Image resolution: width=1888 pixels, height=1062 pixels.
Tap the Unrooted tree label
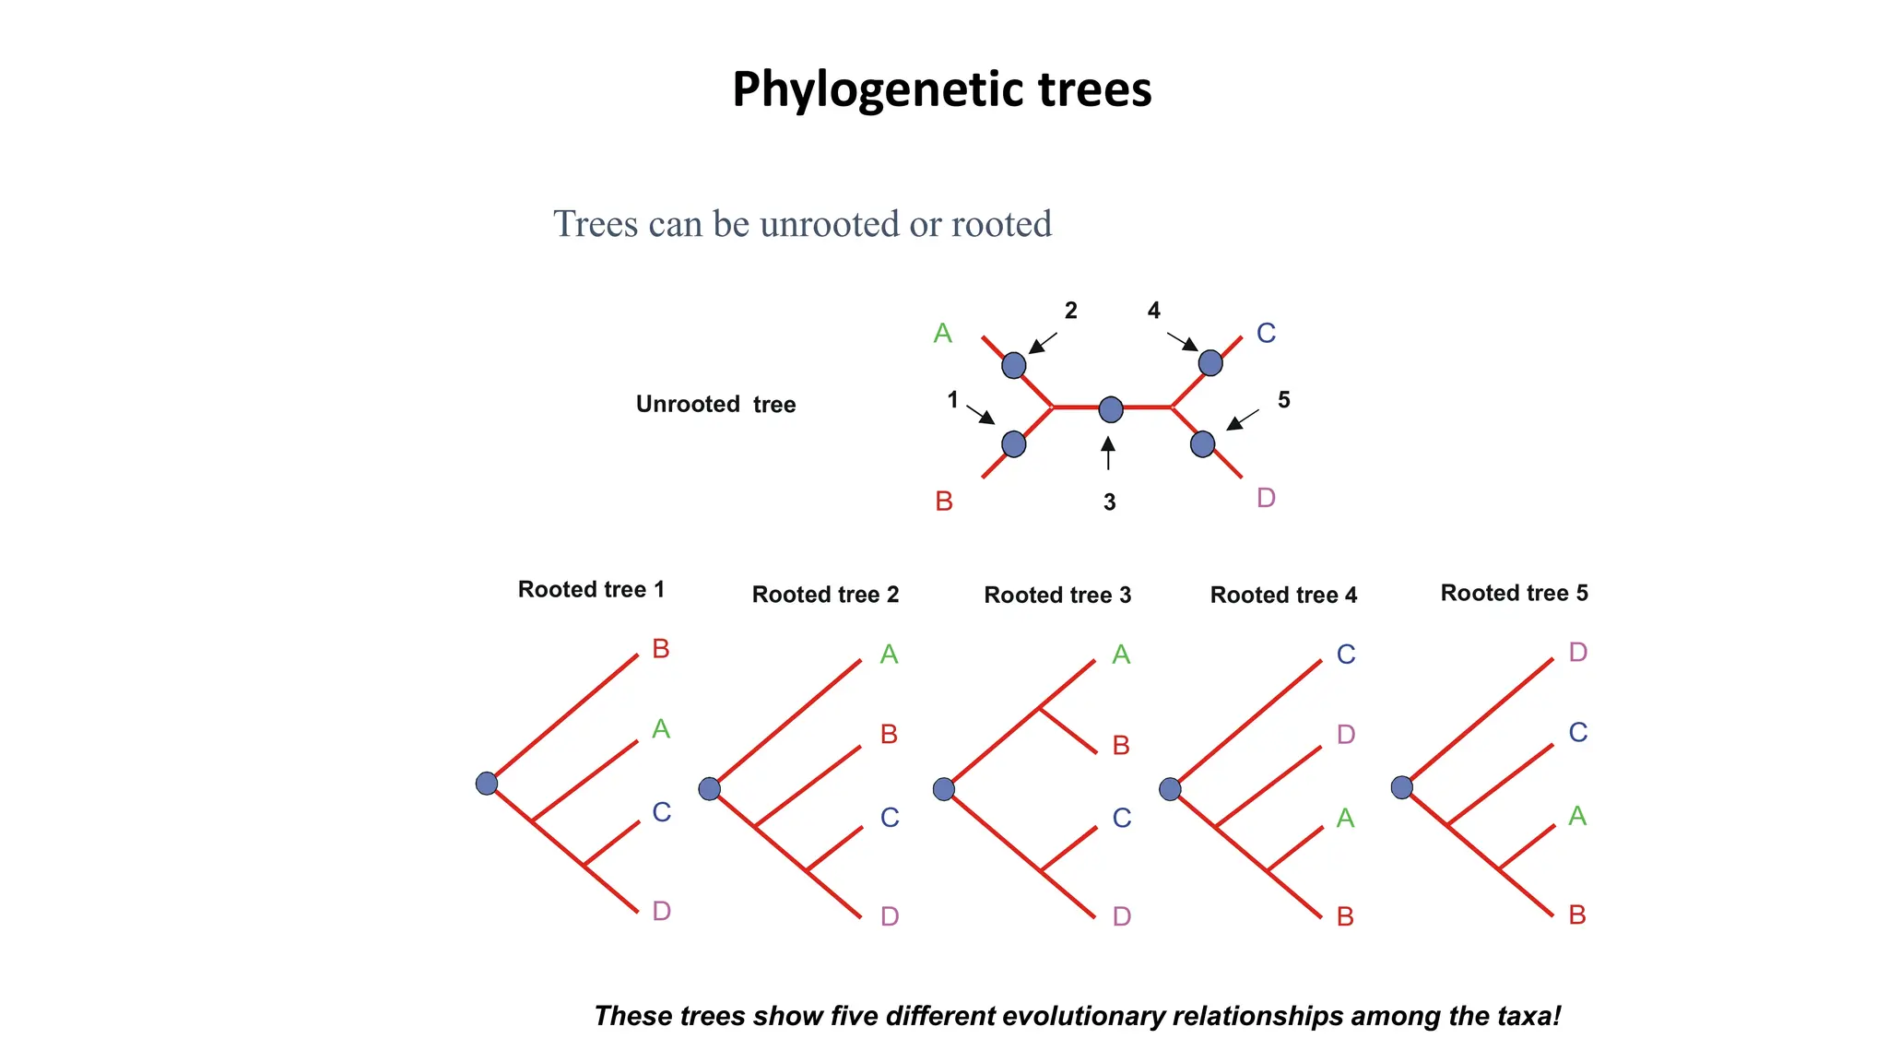[715, 405]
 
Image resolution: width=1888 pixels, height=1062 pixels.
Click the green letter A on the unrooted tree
[942, 333]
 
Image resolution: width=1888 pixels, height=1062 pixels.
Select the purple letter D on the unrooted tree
[1266, 498]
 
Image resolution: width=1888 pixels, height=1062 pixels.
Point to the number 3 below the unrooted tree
[1109, 502]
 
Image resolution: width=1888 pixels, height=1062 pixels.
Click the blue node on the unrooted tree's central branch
[1111, 409]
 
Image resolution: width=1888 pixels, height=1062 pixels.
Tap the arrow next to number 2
[1043, 342]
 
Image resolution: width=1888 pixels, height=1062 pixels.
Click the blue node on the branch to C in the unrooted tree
[1209, 363]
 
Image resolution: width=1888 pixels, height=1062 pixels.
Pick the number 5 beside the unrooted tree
[1283, 400]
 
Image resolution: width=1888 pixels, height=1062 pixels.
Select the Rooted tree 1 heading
[591, 590]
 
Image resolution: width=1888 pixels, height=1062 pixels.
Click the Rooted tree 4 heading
[1283, 596]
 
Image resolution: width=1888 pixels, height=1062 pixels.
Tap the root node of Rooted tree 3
[943, 789]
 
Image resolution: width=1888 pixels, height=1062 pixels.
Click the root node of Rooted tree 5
[1401, 787]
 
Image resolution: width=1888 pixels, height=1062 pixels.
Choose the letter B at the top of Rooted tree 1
[660, 649]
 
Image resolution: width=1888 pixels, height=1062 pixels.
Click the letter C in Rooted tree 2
[889, 818]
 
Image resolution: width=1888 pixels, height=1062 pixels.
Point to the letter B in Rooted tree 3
[1120, 746]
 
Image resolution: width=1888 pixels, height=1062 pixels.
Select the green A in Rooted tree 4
[1345, 819]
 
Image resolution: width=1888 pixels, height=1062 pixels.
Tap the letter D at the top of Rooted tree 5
[1577, 653]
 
